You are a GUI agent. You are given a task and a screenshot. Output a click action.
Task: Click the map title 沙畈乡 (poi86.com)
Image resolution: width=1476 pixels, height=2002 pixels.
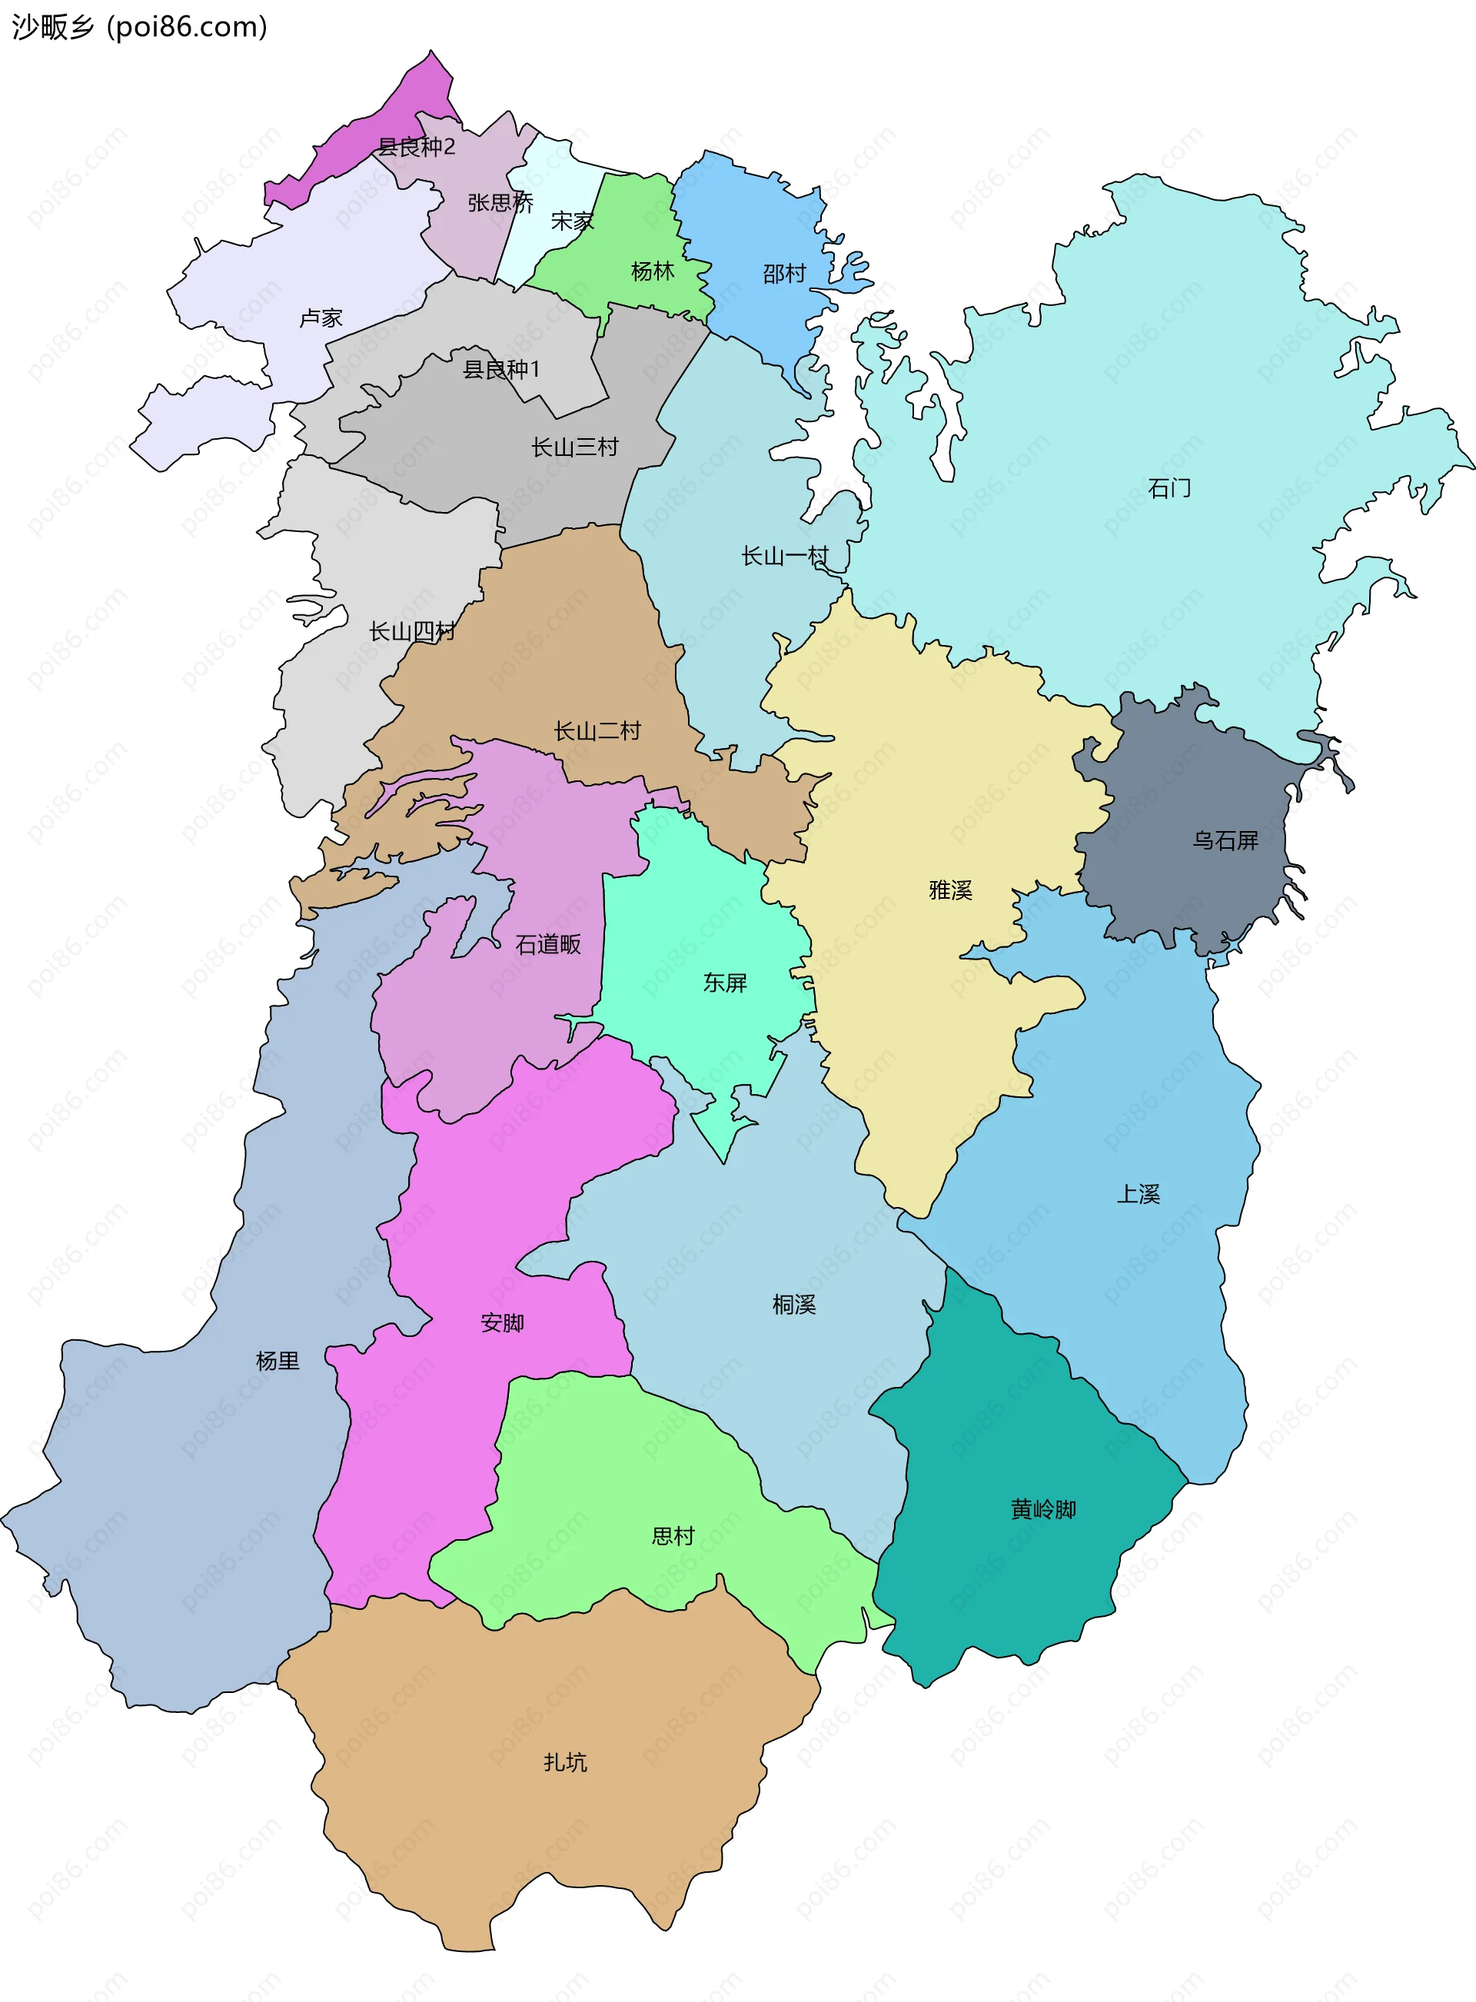(x=139, y=27)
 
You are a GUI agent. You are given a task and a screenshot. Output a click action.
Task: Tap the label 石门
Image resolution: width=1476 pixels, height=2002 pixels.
(x=1168, y=487)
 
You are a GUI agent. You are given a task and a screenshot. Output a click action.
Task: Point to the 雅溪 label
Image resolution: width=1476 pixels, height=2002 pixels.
(x=949, y=890)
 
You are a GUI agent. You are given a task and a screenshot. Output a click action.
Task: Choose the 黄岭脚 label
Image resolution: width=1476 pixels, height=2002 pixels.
(x=1042, y=1509)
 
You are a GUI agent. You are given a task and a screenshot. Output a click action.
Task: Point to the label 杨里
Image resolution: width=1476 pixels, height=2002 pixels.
(x=277, y=1361)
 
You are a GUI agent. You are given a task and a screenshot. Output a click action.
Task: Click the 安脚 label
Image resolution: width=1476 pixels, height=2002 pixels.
(x=502, y=1322)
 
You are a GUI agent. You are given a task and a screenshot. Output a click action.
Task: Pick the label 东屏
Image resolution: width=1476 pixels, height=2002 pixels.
(x=725, y=983)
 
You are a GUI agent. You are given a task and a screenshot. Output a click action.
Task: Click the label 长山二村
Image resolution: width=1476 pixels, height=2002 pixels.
(x=597, y=731)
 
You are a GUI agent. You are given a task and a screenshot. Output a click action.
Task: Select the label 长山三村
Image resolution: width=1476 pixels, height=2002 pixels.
(x=574, y=447)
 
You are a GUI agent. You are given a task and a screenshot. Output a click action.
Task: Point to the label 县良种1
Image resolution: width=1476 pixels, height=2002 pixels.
(x=501, y=369)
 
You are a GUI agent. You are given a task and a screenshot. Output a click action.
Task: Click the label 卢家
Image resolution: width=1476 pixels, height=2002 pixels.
(x=321, y=318)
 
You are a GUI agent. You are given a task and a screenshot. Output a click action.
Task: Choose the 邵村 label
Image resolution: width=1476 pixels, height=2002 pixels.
(x=784, y=274)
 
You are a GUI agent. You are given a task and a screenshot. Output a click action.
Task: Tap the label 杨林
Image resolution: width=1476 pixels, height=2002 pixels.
(x=652, y=271)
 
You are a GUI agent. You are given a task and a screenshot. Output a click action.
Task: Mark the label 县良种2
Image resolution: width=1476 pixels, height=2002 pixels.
(x=417, y=147)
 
